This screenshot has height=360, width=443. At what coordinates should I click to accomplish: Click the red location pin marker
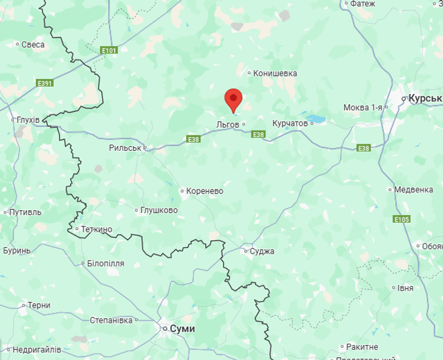coord(233,99)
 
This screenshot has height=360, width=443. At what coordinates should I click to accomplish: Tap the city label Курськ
coord(424,98)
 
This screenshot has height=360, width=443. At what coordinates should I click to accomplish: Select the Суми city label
coord(182,329)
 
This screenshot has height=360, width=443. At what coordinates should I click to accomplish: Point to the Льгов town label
coord(227,124)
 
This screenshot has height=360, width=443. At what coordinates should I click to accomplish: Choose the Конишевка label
coord(275,74)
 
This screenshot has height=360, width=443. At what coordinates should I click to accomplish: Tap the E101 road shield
coord(109,50)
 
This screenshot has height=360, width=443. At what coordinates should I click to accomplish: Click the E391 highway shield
coord(45,83)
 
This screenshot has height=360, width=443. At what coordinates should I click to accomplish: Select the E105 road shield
coord(402,219)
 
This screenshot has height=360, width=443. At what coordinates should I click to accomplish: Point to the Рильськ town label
coord(125,147)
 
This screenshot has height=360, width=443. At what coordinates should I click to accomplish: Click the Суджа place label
coord(262,251)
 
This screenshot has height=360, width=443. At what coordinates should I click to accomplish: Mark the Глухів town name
coord(28,120)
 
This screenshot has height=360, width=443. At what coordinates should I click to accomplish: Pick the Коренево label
coord(204,191)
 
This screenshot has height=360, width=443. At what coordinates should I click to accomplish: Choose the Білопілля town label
coord(105,263)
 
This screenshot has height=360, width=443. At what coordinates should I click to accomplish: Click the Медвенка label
coord(413,190)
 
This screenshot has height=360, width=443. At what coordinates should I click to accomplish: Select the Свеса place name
coord(33,44)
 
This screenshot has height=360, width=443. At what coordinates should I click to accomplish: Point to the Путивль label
coord(26,212)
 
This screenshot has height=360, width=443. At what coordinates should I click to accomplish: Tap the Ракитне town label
coord(362,347)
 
